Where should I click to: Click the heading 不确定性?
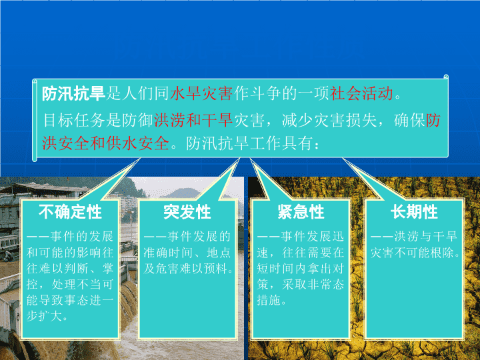click(70, 212)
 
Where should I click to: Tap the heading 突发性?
click(187, 212)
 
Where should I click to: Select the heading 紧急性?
click(301, 212)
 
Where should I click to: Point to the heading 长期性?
click(414, 212)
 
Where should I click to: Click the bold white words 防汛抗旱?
click(73, 93)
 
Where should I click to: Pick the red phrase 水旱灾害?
click(201, 93)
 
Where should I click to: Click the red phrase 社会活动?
click(361, 93)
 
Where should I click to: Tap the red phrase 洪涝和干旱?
click(194, 120)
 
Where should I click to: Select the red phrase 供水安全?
click(138, 143)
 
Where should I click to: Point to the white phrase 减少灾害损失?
click(329, 120)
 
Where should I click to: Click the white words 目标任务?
click(73, 120)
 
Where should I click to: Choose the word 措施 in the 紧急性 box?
click(269, 300)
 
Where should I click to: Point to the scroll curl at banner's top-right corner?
click(446, 77)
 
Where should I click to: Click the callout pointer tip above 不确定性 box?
click(140, 159)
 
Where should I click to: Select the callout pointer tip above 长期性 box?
click(343, 159)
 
